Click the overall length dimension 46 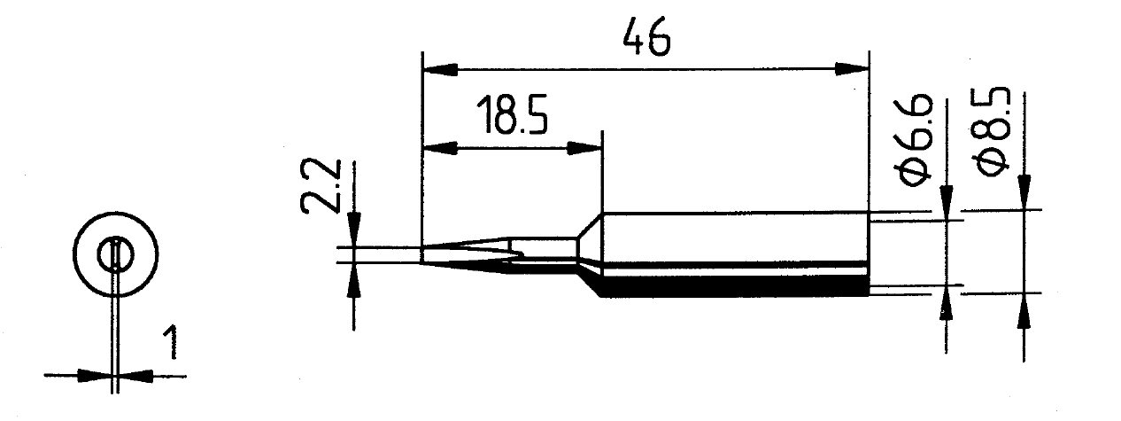[x=646, y=36]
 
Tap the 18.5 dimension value [x=512, y=116]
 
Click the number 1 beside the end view [x=171, y=342]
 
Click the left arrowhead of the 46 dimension [x=440, y=70]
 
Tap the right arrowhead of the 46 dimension [x=852, y=70]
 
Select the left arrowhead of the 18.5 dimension [x=440, y=148]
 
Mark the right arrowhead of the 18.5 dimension [x=584, y=148]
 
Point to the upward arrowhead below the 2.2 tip [x=354, y=280]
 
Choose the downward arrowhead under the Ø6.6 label [x=947, y=202]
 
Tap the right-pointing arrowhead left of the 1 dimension [x=95, y=375]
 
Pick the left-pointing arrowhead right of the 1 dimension [x=136, y=375]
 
